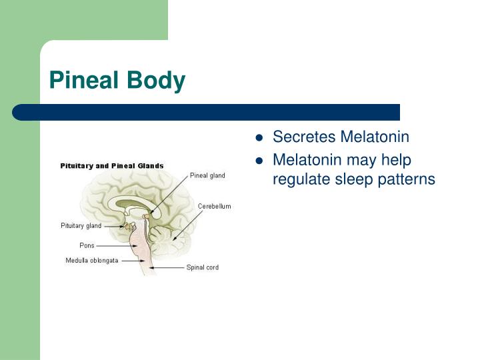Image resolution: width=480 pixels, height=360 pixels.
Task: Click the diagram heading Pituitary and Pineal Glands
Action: [112, 165]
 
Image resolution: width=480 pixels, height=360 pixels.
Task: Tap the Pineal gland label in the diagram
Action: [207, 176]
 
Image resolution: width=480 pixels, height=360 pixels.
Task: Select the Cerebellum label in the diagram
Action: [214, 207]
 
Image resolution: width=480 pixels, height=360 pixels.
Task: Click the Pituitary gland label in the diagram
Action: [81, 226]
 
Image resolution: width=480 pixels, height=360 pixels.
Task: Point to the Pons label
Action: [87, 245]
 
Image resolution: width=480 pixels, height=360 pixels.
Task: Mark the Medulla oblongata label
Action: [91, 260]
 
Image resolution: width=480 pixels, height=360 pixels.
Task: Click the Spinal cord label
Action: [202, 267]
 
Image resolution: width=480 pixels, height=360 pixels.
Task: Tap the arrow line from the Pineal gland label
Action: [170, 193]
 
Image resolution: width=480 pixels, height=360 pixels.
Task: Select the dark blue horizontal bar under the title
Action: [207, 112]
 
